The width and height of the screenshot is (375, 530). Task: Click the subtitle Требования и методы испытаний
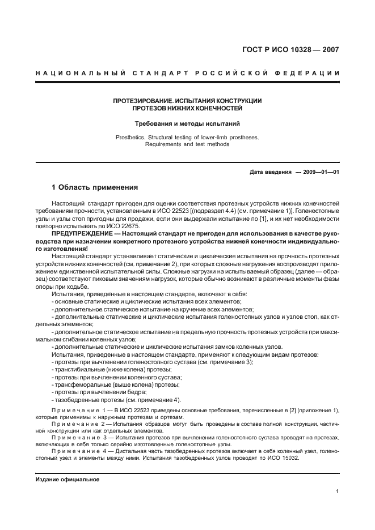click(187, 123)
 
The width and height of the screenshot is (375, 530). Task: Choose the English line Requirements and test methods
click(187, 144)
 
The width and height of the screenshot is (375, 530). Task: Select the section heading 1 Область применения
click(95, 187)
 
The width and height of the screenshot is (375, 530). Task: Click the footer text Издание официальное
click(67, 480)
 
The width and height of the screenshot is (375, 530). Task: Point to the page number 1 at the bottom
click(337, 491)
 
